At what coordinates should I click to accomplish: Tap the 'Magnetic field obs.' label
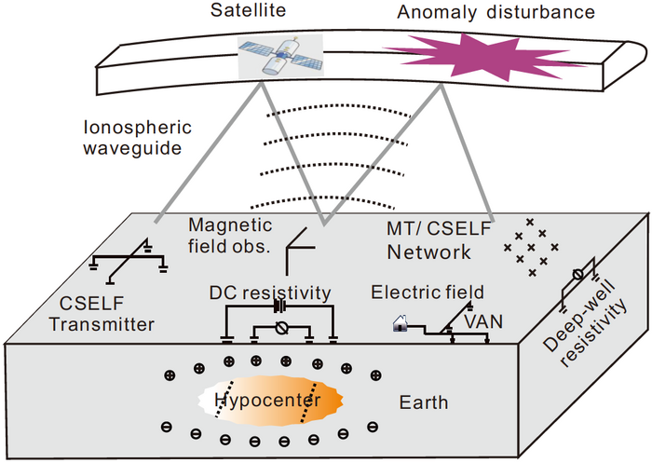(x=227, y=236)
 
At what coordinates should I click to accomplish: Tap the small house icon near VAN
(x=401, y=324)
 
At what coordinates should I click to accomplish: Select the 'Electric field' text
(x=420, y=293)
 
